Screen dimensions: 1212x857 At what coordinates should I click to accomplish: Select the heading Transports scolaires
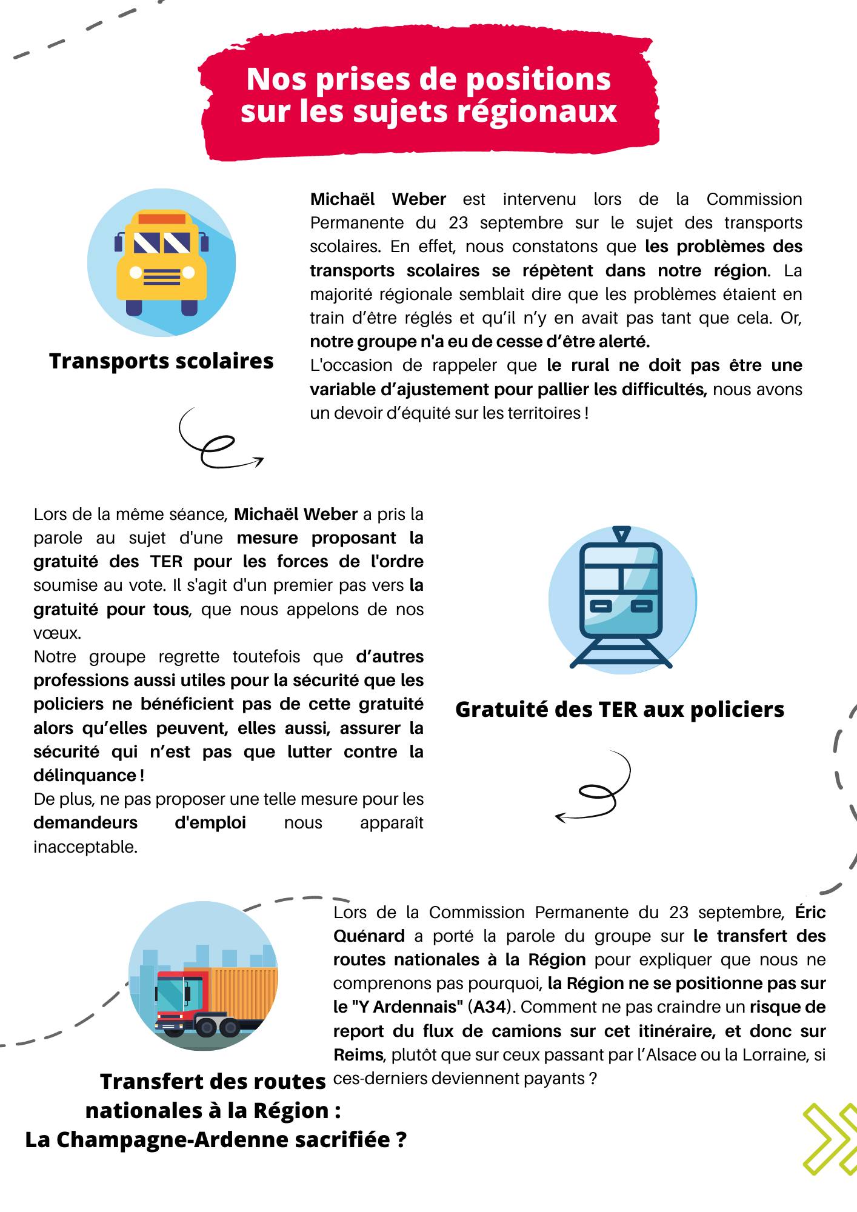click(x=161, y=361)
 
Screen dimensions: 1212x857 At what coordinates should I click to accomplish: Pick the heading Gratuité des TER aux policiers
click(x=619, y=710)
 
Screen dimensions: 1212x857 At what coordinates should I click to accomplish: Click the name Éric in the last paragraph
click(x=810, y=912)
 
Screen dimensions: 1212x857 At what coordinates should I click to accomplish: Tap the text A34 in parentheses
click(x=489, y=1007)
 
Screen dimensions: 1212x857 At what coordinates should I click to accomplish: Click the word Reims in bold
click(x=358, y=1055)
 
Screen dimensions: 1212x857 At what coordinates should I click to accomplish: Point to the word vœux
click(x=56, y=633)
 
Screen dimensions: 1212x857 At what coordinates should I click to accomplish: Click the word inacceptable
click(x=85, y=847)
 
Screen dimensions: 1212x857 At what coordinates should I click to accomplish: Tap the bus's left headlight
click(x=135, y=273)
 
